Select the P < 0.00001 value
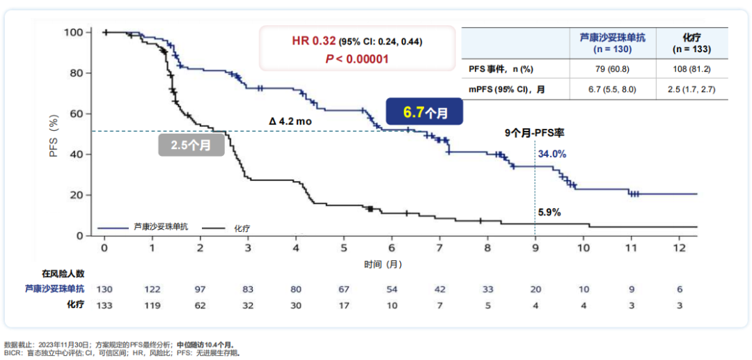357,59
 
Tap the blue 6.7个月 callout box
425,112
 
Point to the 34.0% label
551,154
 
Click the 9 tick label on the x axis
535,249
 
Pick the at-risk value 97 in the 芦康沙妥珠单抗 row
200,289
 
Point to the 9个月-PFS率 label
534,132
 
